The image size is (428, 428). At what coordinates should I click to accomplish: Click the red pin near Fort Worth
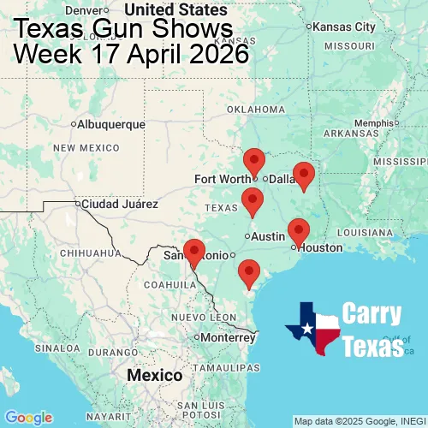pos(254,161)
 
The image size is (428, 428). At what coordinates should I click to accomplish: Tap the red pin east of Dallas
pos(304,175)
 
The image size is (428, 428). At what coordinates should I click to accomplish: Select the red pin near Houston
pos(298,231)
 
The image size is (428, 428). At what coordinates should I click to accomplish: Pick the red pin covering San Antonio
pos(195,253)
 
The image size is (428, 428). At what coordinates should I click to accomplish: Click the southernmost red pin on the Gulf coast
pos(249,273)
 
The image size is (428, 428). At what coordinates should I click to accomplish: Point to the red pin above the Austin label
pos(252,202)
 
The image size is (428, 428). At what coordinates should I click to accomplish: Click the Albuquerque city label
pos(110,124)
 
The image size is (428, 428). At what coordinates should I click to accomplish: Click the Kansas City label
pos(344,27)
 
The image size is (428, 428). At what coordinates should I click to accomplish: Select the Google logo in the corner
pos(27,417)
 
